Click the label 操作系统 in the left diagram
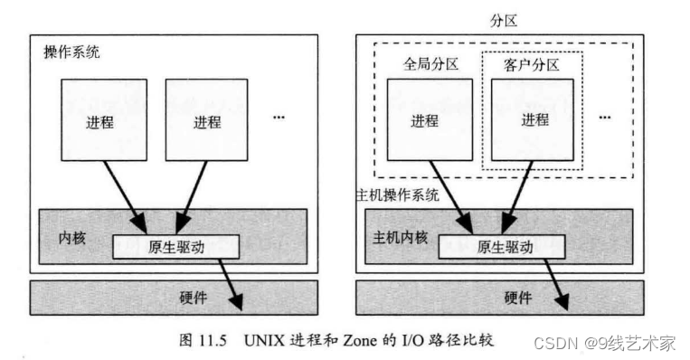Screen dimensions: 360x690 click(71, 52)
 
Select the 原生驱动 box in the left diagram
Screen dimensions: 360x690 click(175, 246)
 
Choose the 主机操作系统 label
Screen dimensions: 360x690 click(397, 194)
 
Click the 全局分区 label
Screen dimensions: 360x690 click(428, 66)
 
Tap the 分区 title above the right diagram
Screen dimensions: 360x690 click(501, 17)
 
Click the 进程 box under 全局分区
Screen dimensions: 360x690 click(425, 121)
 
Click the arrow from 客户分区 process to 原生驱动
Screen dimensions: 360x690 click(515, 199)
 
